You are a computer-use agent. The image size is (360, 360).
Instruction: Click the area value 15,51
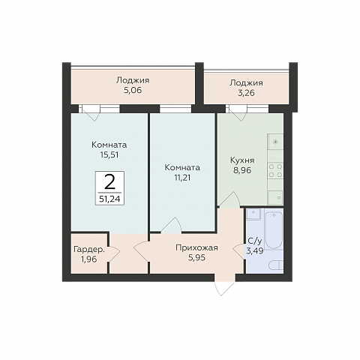tap(109, 155)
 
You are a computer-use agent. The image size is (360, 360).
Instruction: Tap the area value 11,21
tap(182, 178)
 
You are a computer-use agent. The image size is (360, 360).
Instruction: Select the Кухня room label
tap(242, 160)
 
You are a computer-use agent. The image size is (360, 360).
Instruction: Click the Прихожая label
tap(196, 247)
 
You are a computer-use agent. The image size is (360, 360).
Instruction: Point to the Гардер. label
tap(89, 250)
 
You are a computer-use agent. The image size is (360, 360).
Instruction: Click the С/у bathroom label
tap(255, 241)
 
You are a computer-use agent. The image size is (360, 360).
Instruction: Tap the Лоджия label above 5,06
tap(133, 80)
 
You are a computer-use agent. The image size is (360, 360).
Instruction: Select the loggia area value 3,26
tap(246, 93)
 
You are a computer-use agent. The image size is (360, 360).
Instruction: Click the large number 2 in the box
tap(109, 182)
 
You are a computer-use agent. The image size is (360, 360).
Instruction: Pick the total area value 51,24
tap(109, 199)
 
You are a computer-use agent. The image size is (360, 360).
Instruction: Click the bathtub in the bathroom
tap(274, 229)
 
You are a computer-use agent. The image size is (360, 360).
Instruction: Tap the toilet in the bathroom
tap(277, 265)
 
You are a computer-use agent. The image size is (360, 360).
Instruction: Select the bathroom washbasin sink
tap(253, 214)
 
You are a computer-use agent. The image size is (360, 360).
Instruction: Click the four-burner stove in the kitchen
tap(275, 170)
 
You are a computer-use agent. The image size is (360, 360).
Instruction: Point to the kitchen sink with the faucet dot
tap(275, 197)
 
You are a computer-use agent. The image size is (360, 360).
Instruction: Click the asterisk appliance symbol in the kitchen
tap(275, 142)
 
